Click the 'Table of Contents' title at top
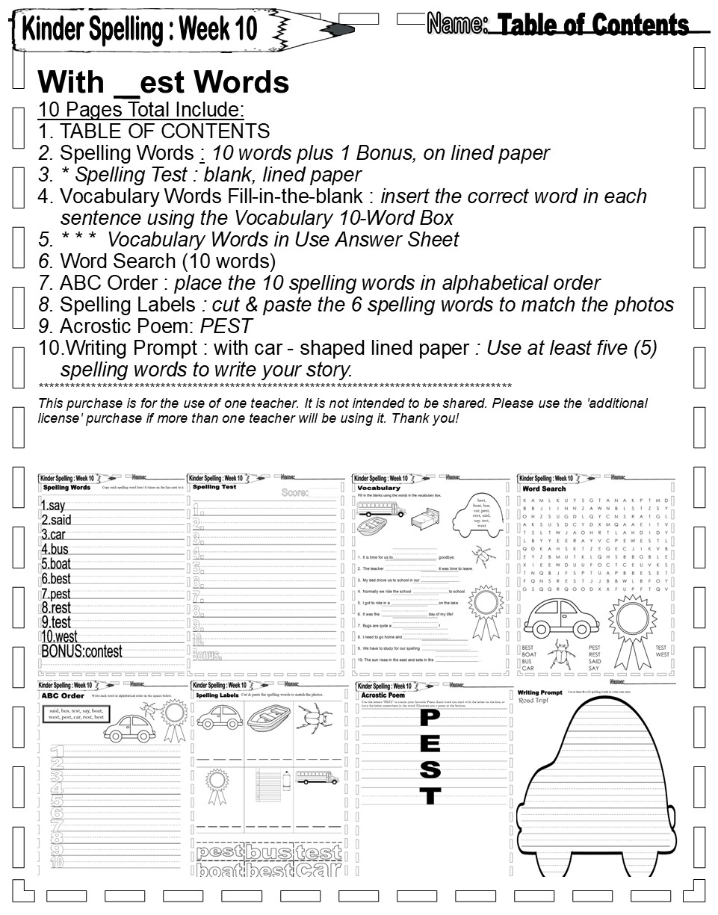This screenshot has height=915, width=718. pos(592,25)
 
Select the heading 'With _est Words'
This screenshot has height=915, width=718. pos(163,82)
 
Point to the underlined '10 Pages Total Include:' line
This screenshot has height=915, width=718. pos(141,111)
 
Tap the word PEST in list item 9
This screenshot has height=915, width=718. pos(226,326)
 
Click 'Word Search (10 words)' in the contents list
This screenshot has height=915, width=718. pos(167,261)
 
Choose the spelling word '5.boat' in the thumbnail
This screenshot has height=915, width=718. pos(56,564)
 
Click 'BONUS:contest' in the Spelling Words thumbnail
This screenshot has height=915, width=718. pos(81,651)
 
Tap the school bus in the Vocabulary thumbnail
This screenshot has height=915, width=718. pos(381,509)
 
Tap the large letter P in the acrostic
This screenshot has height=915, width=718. pos(430,719)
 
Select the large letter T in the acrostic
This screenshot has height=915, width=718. pos(430,795)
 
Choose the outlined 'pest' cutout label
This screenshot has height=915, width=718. pos(220,852)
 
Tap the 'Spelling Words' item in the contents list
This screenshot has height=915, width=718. pos(126,153)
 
